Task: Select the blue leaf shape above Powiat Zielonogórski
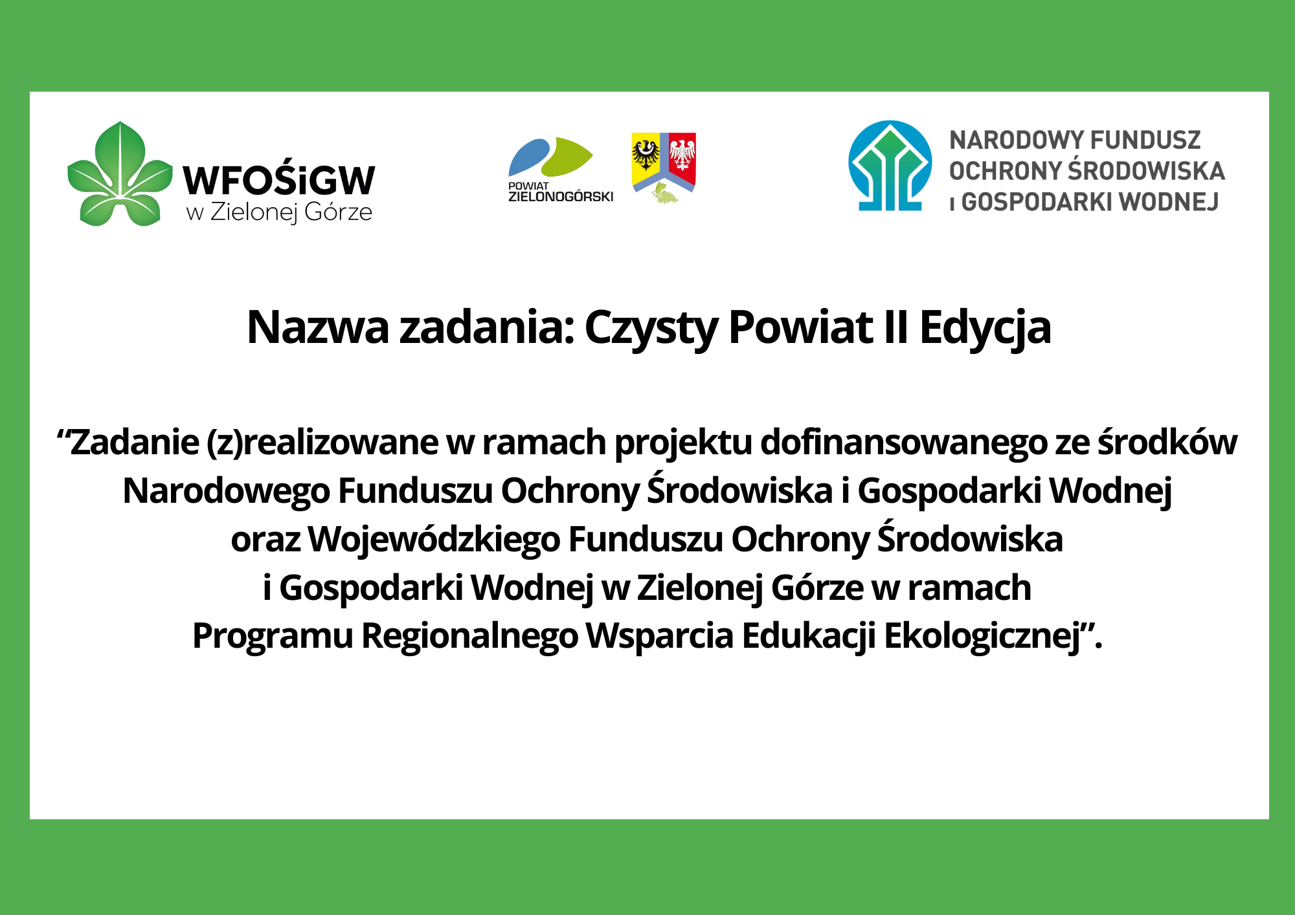tap(530, 157)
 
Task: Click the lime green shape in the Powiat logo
tap(567, 157)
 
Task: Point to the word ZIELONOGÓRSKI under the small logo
tap(561, 197)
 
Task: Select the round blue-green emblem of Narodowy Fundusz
tap(890, 166)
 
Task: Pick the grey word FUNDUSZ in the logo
tap(1145, 140)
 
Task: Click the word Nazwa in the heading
tap(318, 327)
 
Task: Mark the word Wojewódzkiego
tap(434, 540)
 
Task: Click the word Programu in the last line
tap(273, 637)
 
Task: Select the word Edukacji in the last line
tap(809, 637)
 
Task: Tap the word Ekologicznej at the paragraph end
tap(982, 637)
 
